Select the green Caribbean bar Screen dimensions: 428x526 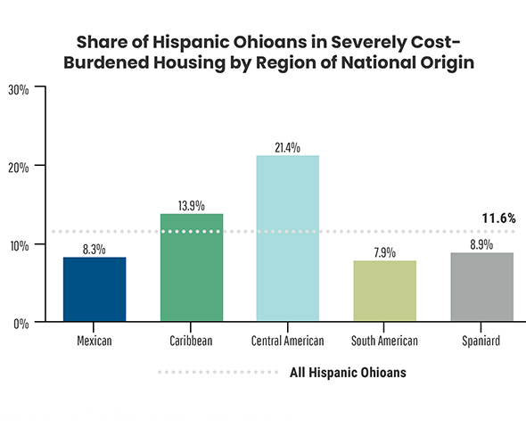(191, 267)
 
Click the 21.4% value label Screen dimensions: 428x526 (288, 147)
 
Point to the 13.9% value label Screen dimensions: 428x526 (191, 205)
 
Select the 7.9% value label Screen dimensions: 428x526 (384, 252)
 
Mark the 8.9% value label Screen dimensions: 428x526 (481, 244)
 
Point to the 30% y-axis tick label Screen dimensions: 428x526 (19, 89)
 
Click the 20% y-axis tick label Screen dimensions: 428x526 (19, 167)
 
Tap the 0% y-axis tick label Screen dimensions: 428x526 (21, 322)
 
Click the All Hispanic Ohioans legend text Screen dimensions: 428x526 (349, 373)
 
